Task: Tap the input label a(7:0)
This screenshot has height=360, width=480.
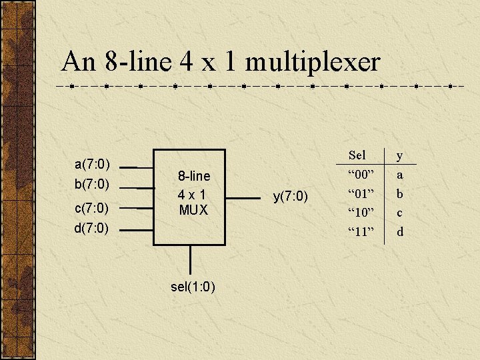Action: [x=92, y=164]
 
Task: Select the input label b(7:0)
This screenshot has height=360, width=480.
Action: [x=92, y=183]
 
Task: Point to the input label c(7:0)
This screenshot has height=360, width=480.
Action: [x=92, y=209]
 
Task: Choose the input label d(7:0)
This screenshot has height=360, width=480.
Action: [x=92, y=229]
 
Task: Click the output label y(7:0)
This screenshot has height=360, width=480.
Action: [x=291, y=197]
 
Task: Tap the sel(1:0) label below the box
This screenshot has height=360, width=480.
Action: [x=193, y=287]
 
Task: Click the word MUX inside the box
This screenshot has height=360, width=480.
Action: [x=193, y=210]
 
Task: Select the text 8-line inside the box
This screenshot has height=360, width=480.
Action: [x=193, y=176]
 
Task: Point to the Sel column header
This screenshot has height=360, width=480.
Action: [x=357, y=155]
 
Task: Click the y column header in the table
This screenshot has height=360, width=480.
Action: [x=400, y=155]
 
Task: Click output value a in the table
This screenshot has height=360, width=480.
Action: [x=400, y=175]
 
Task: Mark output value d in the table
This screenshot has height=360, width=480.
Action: [x=400, y=232]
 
